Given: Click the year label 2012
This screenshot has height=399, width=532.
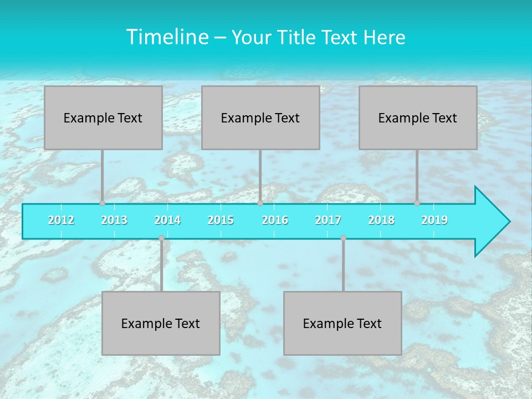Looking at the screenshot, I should click(61, 220).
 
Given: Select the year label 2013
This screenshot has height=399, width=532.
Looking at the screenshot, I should click(114, 220).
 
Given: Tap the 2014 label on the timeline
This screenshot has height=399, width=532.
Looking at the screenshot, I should click(167, 220).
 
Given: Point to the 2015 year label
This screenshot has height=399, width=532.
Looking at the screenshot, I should click(221, 220).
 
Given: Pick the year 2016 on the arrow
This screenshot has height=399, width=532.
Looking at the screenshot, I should click(275, 220).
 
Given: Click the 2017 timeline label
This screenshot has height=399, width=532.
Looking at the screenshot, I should click(328, 220).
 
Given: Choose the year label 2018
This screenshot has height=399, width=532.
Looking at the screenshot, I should click(381, 220).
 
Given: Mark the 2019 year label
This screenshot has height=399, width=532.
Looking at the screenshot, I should click(434, 220).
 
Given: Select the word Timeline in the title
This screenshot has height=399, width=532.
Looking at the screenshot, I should click(166, 37).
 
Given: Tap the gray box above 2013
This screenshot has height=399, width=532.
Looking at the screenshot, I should click(103, 117).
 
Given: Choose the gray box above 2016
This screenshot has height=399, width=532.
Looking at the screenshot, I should click(260, 117).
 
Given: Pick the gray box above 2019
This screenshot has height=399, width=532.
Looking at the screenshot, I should click(418, 117).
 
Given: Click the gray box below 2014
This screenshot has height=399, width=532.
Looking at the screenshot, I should click(161, 323).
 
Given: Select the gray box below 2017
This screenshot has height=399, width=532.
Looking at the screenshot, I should click(342, 323).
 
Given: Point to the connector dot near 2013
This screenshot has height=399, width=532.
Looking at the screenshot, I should click(102, 203).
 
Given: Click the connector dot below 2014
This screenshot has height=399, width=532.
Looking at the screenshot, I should click(161, 238).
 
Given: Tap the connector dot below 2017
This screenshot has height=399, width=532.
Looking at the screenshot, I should click(343, 238).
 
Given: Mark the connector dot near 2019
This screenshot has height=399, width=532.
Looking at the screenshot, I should click(417, 203).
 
